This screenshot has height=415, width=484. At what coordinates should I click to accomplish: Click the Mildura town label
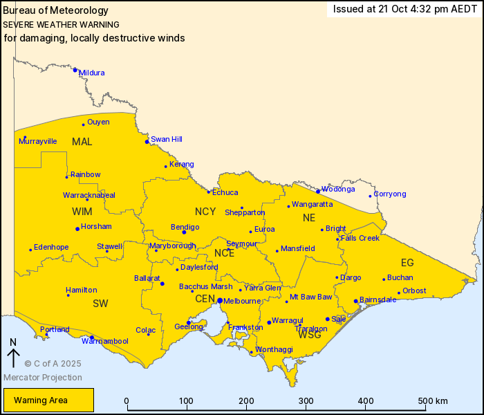(92, 73)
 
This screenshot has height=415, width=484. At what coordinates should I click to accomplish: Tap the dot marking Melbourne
(219, 301)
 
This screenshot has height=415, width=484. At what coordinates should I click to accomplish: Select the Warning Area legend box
(48, 400)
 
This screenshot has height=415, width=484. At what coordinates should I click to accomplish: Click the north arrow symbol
(13, 354)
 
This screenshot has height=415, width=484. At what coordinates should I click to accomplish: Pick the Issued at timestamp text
(404, 9)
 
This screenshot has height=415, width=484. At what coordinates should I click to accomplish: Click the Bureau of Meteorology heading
(55, 10)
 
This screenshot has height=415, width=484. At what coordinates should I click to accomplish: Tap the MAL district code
(82, 142)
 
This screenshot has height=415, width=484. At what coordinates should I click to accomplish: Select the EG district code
(407, 263)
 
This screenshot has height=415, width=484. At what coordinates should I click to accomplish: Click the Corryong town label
(390, 194)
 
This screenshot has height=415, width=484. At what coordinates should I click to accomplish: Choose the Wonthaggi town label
(270, 351)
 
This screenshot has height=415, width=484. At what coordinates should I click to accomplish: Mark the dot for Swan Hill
(147, 142)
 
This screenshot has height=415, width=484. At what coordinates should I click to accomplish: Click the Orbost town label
(414, 290)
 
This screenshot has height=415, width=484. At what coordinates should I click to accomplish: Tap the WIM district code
(82, 211)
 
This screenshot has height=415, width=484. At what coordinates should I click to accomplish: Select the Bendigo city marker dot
(184, 232)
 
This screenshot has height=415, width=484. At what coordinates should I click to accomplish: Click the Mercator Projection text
(43, 378)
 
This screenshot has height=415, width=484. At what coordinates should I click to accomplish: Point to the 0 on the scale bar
(127, 401)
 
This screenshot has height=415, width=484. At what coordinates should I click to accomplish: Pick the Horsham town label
(96, 226)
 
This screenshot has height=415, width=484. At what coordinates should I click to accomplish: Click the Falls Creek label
(360, 238)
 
